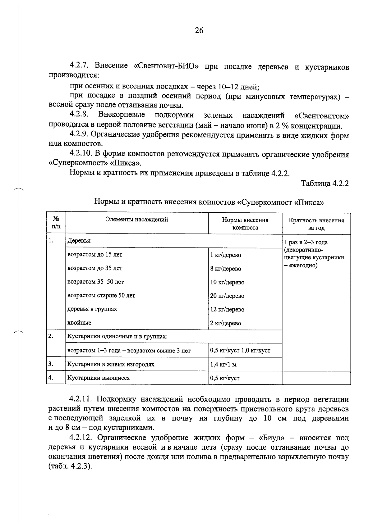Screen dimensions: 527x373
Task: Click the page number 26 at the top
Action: (x=199, y=30)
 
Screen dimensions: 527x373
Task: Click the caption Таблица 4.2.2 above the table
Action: (x=325, y=183)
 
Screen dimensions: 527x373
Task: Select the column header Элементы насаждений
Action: (x=137, y=220)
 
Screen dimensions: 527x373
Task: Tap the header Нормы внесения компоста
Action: (x=245, y=224)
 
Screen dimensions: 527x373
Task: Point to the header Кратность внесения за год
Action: (x=316, y=224)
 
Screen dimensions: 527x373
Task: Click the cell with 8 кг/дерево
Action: (x=225, y=269)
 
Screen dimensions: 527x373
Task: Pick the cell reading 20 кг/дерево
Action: (x=227, y=296)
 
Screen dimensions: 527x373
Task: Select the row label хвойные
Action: (x=79, y=323)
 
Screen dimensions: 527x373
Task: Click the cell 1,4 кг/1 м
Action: (x=223, y=365)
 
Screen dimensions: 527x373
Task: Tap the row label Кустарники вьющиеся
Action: (x=99, y=378)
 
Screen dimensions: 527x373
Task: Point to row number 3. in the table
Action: (x=51, y=364)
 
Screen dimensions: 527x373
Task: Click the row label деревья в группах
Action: (x=92, y=309)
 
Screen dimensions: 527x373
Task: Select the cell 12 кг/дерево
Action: (x=227, y=309)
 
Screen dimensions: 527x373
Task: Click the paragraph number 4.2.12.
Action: (x=81, y=438)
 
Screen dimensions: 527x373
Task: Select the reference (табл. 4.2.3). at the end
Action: (x=71, y=466)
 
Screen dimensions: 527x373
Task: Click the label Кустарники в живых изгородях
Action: (x=111, y=364)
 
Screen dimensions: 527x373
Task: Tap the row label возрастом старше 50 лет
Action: (x=101, y=295)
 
